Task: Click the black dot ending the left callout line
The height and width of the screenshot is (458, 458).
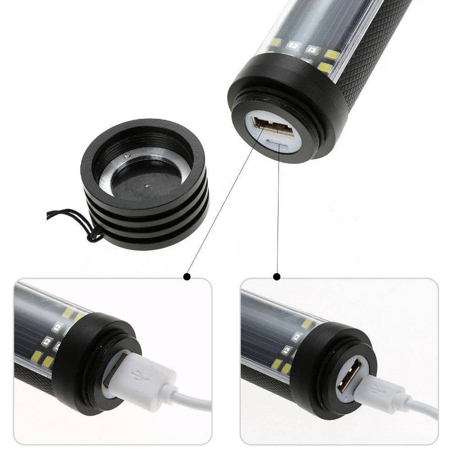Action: [x=186, y=277]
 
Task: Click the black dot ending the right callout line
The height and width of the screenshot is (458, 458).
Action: [x=277, y=277]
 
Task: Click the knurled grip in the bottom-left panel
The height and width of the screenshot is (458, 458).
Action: [x=32, y=376]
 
